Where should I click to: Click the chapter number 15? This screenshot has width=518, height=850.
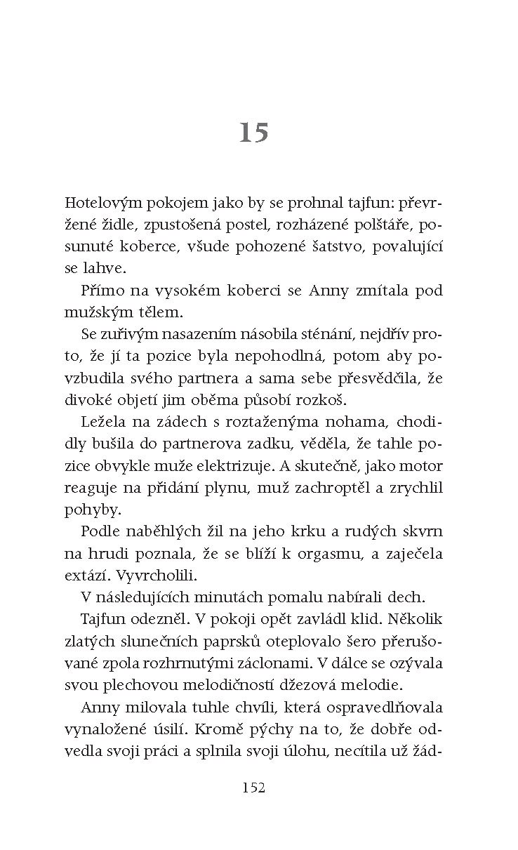254,132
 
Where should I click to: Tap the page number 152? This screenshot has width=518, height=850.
253,788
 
